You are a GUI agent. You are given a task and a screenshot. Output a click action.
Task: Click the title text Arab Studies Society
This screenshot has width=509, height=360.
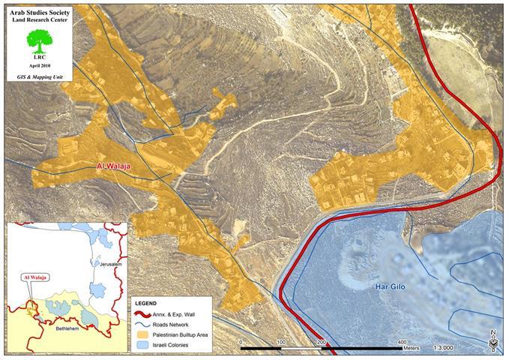(x=40, y=10)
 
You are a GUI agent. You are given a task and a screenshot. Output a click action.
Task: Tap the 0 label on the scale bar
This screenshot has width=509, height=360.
(x=241, y=342)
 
